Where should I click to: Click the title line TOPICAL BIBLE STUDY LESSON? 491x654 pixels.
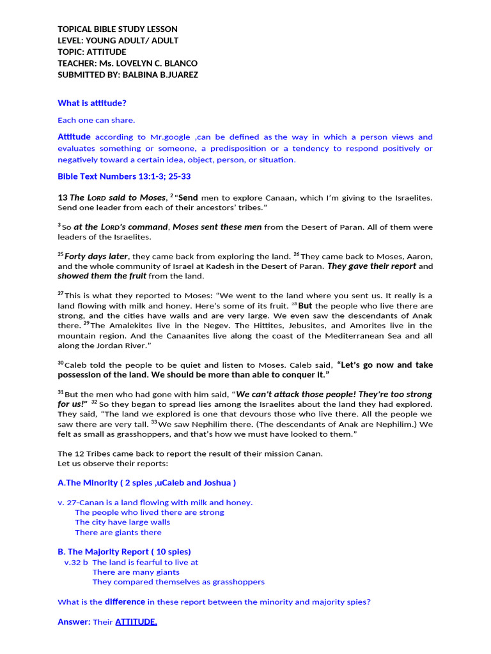118,29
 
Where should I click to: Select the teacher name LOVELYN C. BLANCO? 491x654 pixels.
159,63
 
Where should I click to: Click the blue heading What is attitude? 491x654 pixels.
92,103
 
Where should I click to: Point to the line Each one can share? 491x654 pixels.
97,120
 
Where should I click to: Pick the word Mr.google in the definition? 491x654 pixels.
174,137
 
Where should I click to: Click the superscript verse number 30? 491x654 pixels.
61,363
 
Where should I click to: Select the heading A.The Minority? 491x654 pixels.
88,483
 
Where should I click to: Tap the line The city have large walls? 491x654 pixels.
123,522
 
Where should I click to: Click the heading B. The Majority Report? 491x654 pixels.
124,551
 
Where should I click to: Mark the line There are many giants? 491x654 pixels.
136,572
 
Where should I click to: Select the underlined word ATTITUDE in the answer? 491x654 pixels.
136,621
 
